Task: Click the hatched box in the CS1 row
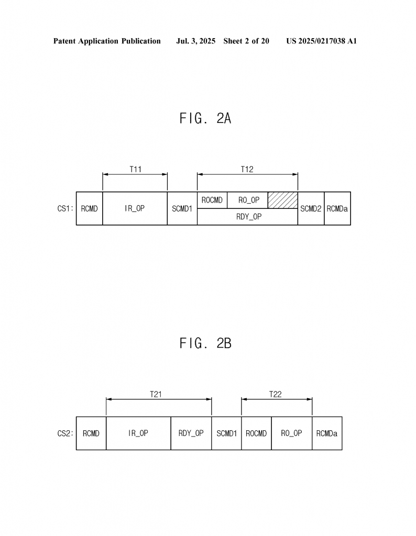(282, 200)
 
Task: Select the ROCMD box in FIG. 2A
(212, 200)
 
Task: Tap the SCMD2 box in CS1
(311, 208)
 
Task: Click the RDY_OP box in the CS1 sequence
(247, 217)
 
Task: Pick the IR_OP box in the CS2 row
(138, 433)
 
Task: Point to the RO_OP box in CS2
(292, 433)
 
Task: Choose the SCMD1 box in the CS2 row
(226, 433)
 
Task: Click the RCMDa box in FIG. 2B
(327, 433)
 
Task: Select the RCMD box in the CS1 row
(89, 208)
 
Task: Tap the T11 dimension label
(136, 169)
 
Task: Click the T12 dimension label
(247, 169)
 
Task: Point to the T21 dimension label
(156, 394)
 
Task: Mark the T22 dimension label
(276, 394)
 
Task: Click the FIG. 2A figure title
(205, 118)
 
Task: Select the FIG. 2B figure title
(205, 343)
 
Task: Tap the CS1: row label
(65, 208)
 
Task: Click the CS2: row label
(65, 433)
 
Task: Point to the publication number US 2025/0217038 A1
(322, 41)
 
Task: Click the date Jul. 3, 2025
(195, 41)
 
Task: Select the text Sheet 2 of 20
(246, 41)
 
